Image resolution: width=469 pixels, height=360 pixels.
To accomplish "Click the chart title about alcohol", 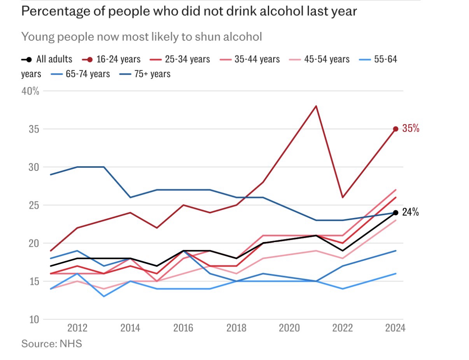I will (189, 11).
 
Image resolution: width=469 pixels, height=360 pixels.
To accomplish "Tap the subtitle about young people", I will (141, 37).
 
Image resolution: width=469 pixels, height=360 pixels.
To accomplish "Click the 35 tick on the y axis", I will (34, 129).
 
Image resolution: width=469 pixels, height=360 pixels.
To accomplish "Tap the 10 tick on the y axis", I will (34, 320).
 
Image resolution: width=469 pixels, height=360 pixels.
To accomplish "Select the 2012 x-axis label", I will (77, 328).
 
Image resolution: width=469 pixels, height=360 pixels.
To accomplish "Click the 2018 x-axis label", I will (236, 328).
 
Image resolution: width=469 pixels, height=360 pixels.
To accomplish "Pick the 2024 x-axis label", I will (395, 328).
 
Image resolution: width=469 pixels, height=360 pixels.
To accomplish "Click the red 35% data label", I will (411, 129).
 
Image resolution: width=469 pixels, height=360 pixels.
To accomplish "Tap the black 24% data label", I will (410, 212).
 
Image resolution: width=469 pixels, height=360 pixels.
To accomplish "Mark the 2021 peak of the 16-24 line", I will (316, 106).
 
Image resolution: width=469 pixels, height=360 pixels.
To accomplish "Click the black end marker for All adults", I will (395, 212).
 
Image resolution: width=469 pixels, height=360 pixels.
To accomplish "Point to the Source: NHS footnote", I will (51, 344).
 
